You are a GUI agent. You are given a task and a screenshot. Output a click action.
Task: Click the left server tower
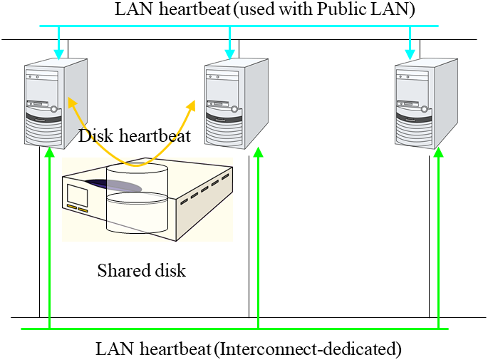(56, 103)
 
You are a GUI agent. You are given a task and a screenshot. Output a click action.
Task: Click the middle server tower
(235, 103)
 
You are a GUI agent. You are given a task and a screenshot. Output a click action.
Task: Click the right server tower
(425, 103)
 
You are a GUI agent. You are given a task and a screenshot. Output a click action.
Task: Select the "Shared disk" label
(141, 271)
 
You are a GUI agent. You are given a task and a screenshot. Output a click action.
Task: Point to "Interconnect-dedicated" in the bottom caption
(307, 349)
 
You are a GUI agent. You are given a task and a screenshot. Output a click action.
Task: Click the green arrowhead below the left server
(49, 153)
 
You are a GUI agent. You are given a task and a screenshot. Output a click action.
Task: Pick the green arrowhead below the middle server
(258, 153)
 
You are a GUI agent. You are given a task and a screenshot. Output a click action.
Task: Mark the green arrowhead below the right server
(438, 153)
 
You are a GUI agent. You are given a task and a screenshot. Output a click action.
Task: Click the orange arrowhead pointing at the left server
(71, 103)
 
